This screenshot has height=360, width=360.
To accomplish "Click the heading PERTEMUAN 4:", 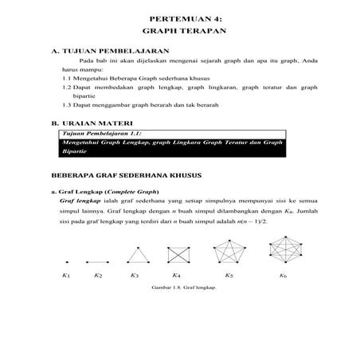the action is (x=179, y=17).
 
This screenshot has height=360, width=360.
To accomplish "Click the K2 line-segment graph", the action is (x=97, y=261).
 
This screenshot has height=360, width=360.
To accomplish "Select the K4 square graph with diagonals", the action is (x=178, y=255).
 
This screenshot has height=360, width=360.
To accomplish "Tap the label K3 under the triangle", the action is (x=135, y=276).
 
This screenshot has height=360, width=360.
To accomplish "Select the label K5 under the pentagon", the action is (x=229, y=276).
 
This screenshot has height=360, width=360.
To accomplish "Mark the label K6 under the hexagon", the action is (x=284, y=276).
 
